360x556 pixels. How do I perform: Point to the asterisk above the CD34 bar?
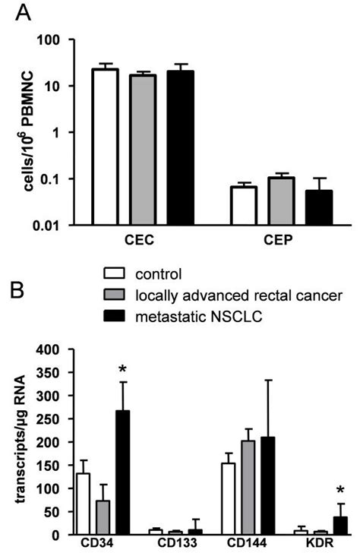[x=122, y=371]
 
